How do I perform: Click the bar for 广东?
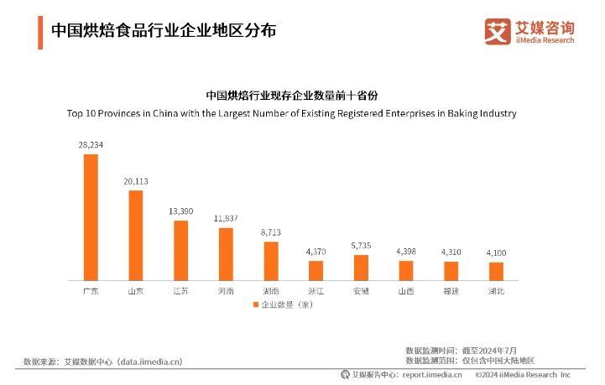pyautogui.click(x=91, y=217)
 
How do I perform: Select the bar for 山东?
pyautogui.click(x=135, y=236)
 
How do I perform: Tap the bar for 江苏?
pyautogui.click(x=180, y=250)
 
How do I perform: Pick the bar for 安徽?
pyautogui.click(x=361, y=268)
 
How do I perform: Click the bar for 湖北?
pyautogui.click(x=496, y=271)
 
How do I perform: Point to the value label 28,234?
pyautogui.click(x=91, y=145)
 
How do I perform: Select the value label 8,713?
pyautogui.click(x=271, y=232)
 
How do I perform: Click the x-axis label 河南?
pyautogui.click(x=226, y=291)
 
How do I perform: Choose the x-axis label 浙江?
pyautogui.click(x=316, y=291)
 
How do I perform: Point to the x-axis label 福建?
pyautogui.click(x=451, y=291)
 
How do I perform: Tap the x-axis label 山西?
pyautogui.click(x=406, y=291)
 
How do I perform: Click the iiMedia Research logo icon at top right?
pyautogui.click(x=498, y=31)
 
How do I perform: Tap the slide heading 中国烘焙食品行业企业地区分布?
pyautogui.click(x=163, y=30)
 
